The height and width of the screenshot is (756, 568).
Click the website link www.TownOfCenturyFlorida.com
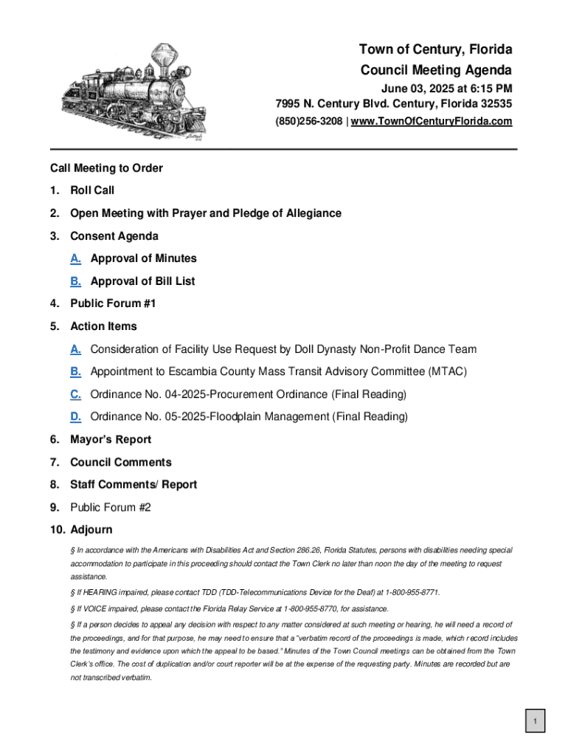432,121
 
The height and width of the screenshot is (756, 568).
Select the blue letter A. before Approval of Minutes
75,258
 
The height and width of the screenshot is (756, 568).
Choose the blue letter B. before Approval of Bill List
75,281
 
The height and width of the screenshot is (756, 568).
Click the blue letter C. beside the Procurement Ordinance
75,394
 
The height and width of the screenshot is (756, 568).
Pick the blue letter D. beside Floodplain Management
75,417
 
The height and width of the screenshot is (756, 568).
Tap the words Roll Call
92,190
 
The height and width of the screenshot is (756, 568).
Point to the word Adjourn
91,530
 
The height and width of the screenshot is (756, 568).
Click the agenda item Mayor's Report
111,439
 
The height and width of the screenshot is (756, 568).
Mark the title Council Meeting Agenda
435,70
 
